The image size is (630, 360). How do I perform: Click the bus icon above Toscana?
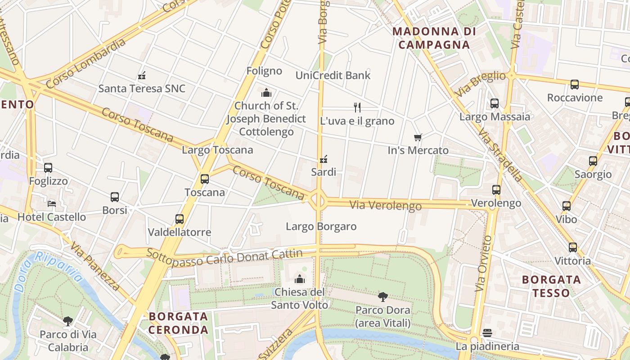click(205, 179)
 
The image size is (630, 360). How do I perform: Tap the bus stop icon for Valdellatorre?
click(180, 219)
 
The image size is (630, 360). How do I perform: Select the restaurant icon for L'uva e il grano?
click(357, 108)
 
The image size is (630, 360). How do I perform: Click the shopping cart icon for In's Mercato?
click(418, 137)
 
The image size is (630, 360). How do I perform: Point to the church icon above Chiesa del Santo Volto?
click(300, 279)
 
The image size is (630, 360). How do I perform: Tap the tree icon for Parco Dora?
click(383, 297)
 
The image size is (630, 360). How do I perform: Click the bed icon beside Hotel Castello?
click(52, 203)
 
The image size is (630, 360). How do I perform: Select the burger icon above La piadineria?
click(487, 333)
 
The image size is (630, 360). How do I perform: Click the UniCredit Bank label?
click(333, 75)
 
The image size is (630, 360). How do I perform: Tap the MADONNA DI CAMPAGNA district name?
click(434, 38)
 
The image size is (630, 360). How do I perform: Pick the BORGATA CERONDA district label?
click(179, 323)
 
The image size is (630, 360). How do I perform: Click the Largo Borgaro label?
click(321, 226)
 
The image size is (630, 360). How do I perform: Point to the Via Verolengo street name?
click(386, 206)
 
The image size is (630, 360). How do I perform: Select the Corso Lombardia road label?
click(85, 63)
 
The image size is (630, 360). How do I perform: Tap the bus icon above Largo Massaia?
click(495, 103)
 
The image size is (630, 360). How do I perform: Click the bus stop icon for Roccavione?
click(575, 85)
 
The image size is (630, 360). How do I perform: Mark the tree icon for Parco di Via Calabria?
click(68, 321)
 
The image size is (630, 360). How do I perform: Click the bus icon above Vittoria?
click(572, 247)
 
